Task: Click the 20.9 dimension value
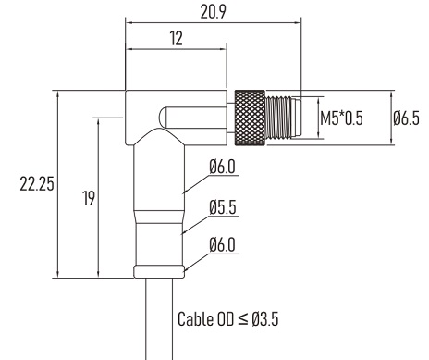(213, 12)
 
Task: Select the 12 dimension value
(176, 39)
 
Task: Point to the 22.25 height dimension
(37, 184)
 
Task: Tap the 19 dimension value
(89, 198)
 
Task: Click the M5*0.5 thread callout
(341, 118)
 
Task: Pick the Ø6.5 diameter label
(406, 118)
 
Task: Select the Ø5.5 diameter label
(223, 207)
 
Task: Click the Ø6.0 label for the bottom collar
(222, 245)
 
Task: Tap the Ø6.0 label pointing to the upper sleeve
(222, 167)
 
